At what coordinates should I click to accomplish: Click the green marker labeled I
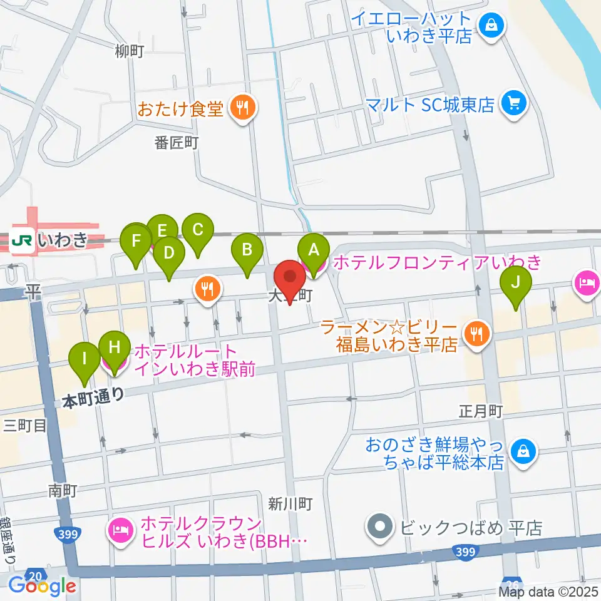tap(85, 360)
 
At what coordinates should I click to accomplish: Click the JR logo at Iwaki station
tap(23, 239)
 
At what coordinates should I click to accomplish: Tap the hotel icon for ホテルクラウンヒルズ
tap(118, 532)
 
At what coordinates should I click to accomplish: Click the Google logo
tap(43, 585)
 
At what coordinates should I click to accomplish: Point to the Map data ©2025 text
tap(548, 591)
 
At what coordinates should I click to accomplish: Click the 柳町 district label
tap(130, 51)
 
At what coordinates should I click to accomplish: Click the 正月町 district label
tap(481, 411)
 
